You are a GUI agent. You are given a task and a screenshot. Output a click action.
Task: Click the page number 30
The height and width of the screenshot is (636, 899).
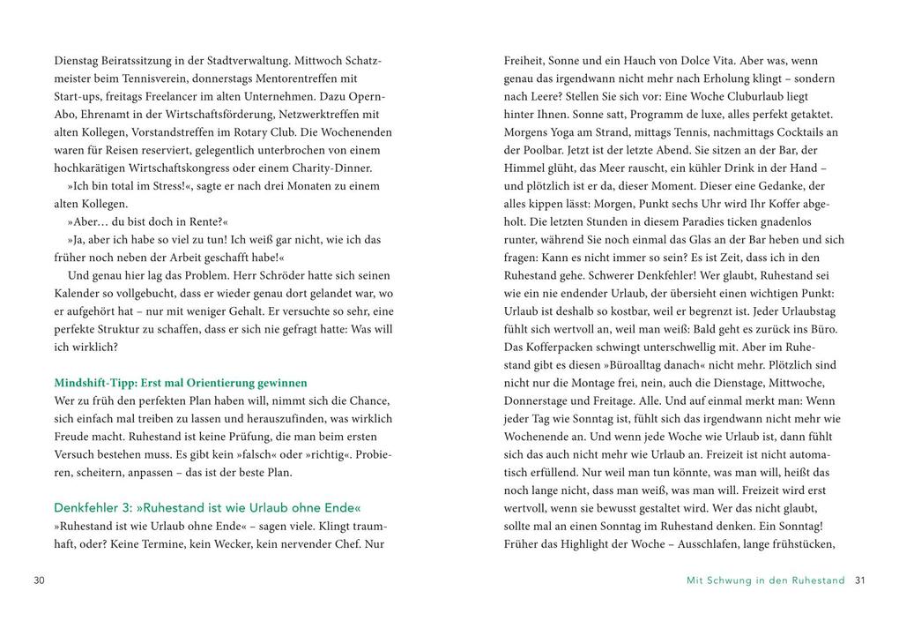[x=39, y=580]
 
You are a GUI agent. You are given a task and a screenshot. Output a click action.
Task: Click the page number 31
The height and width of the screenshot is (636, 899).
[x=861, y=580]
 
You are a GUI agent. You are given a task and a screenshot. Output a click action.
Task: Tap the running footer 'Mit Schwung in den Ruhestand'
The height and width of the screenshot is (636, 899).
[x=765, y=580]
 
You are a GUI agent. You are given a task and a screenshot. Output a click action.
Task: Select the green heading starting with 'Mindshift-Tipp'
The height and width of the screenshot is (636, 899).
[x=181, y=383]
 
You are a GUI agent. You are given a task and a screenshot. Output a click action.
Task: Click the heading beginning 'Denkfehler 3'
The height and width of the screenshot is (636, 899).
[x=207, y=508]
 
